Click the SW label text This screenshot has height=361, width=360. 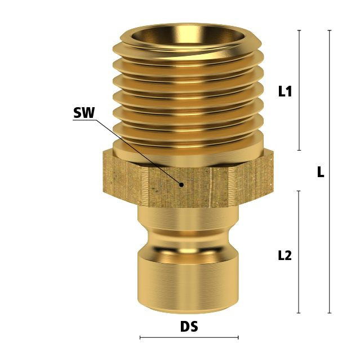84,113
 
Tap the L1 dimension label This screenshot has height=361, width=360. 285,91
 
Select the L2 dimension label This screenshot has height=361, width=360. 285,256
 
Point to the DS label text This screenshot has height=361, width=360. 189,327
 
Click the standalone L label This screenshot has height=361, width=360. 321,171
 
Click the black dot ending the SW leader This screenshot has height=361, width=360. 181,184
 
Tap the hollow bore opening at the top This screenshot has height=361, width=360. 188,34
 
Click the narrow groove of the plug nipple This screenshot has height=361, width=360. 188,239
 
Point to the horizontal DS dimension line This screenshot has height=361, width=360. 189,337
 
